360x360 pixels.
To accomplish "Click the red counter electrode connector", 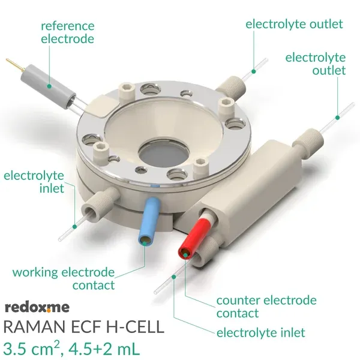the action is tap(194, 239).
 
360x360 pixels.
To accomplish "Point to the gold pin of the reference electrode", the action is tap(15, 64).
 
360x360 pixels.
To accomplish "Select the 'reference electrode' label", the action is tap(67, 32).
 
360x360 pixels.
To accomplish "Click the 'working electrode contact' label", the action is tap(64, 278).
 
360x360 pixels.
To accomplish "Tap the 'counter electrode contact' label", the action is tap(266, 307).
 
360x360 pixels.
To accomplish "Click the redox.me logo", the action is tap(37, 307).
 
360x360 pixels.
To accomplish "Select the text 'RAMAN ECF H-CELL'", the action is tap(84, 327).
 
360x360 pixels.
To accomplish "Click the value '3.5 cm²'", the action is tap(31, 348).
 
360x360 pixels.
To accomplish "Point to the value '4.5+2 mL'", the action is tap(104, 349).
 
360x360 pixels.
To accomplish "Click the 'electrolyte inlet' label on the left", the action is tap(34, 182).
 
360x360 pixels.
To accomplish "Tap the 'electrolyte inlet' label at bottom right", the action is tap(261, 332).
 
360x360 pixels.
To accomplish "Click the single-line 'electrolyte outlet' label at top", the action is tap(294, 24).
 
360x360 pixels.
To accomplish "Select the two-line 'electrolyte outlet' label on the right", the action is tap(316, 64).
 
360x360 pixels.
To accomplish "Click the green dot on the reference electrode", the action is tap(49, 86).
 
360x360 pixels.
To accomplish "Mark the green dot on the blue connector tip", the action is tap(145, 243).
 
